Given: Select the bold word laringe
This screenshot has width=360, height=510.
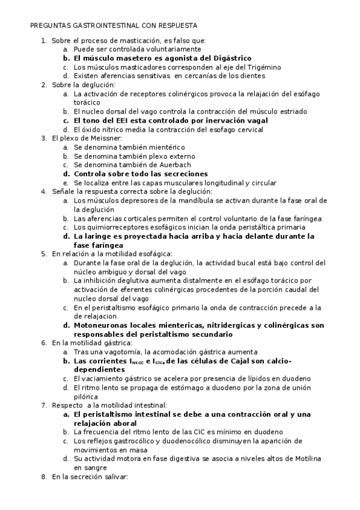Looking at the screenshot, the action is tap(98, 236).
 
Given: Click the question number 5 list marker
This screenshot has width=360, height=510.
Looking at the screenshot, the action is tap(43, 254).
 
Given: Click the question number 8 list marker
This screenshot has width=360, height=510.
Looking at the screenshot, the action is tap(43, 476).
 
